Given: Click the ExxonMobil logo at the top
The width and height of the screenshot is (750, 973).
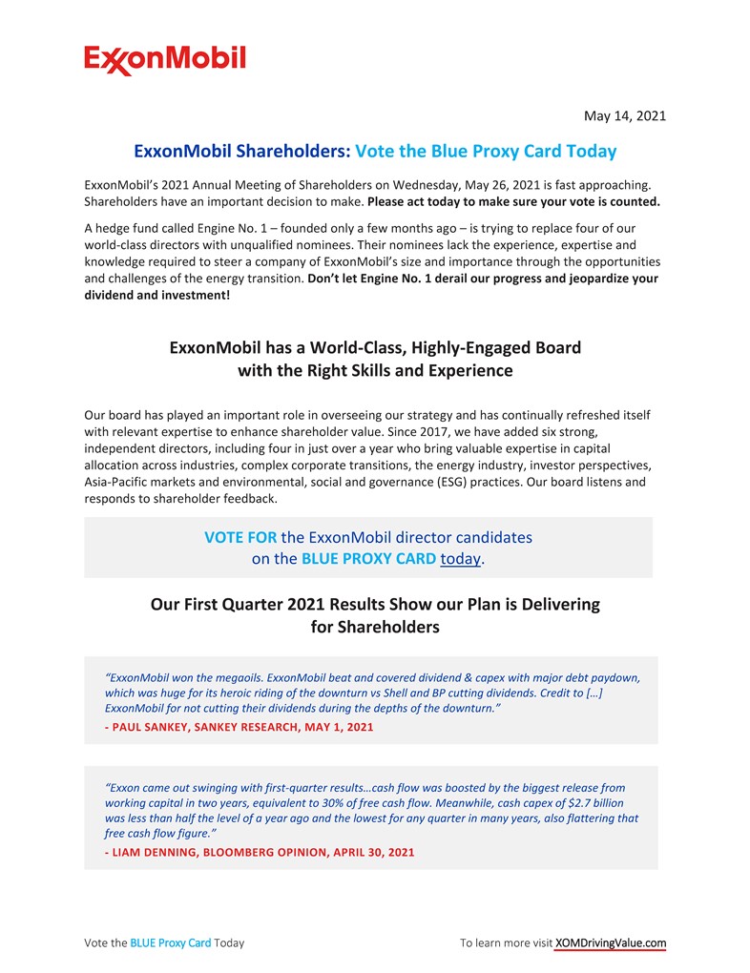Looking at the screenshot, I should tap(164, 60).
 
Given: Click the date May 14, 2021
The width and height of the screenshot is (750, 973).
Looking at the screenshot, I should tap(624, 116).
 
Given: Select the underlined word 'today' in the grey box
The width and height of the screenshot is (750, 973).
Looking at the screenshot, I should tap(460, 559).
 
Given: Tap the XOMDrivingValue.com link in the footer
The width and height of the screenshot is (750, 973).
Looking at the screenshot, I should tap(610, 942).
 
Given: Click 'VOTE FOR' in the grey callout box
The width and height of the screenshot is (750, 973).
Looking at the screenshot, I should tap(240, 537).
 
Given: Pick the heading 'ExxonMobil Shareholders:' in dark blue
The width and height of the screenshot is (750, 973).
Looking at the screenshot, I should tap(242, 151).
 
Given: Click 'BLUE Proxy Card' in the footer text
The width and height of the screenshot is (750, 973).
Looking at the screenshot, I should tap(171, 942).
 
